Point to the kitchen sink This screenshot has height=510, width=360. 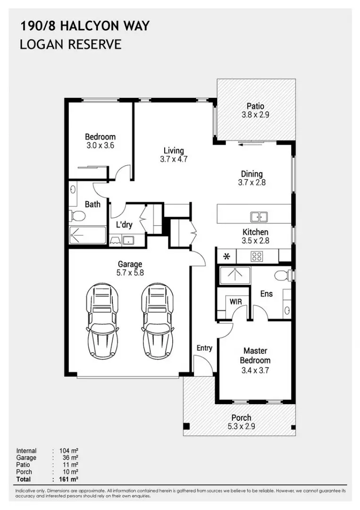pos(259,217)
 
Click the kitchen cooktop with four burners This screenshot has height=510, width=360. pos(257,256)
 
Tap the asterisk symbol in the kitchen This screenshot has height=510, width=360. pos(226,256)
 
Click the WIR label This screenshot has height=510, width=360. pos(235,301)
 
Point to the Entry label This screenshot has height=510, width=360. pos(204,348)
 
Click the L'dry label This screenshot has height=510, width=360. pos(124,225)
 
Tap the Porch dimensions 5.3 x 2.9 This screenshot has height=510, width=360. pos(241,426)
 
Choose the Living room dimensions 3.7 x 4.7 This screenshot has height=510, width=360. pos(174,159)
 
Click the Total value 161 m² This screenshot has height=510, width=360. pos(68,479)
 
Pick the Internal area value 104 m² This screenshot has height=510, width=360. pos(68,451)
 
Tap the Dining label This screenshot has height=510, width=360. pos(251,174)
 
